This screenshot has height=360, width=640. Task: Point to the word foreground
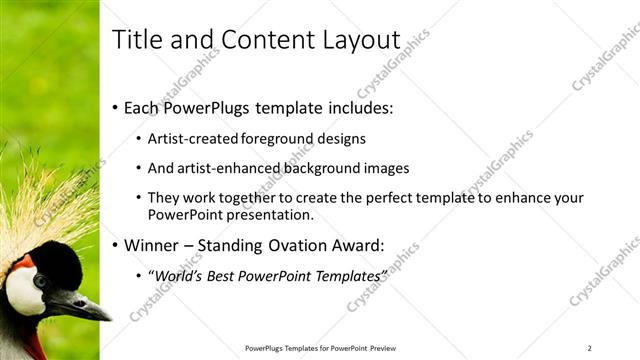click(282, 139)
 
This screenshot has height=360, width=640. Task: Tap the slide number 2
click(589, 348)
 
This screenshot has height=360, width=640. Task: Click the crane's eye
click(40, 282)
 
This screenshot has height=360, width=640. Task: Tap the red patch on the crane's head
click(23, 262)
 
